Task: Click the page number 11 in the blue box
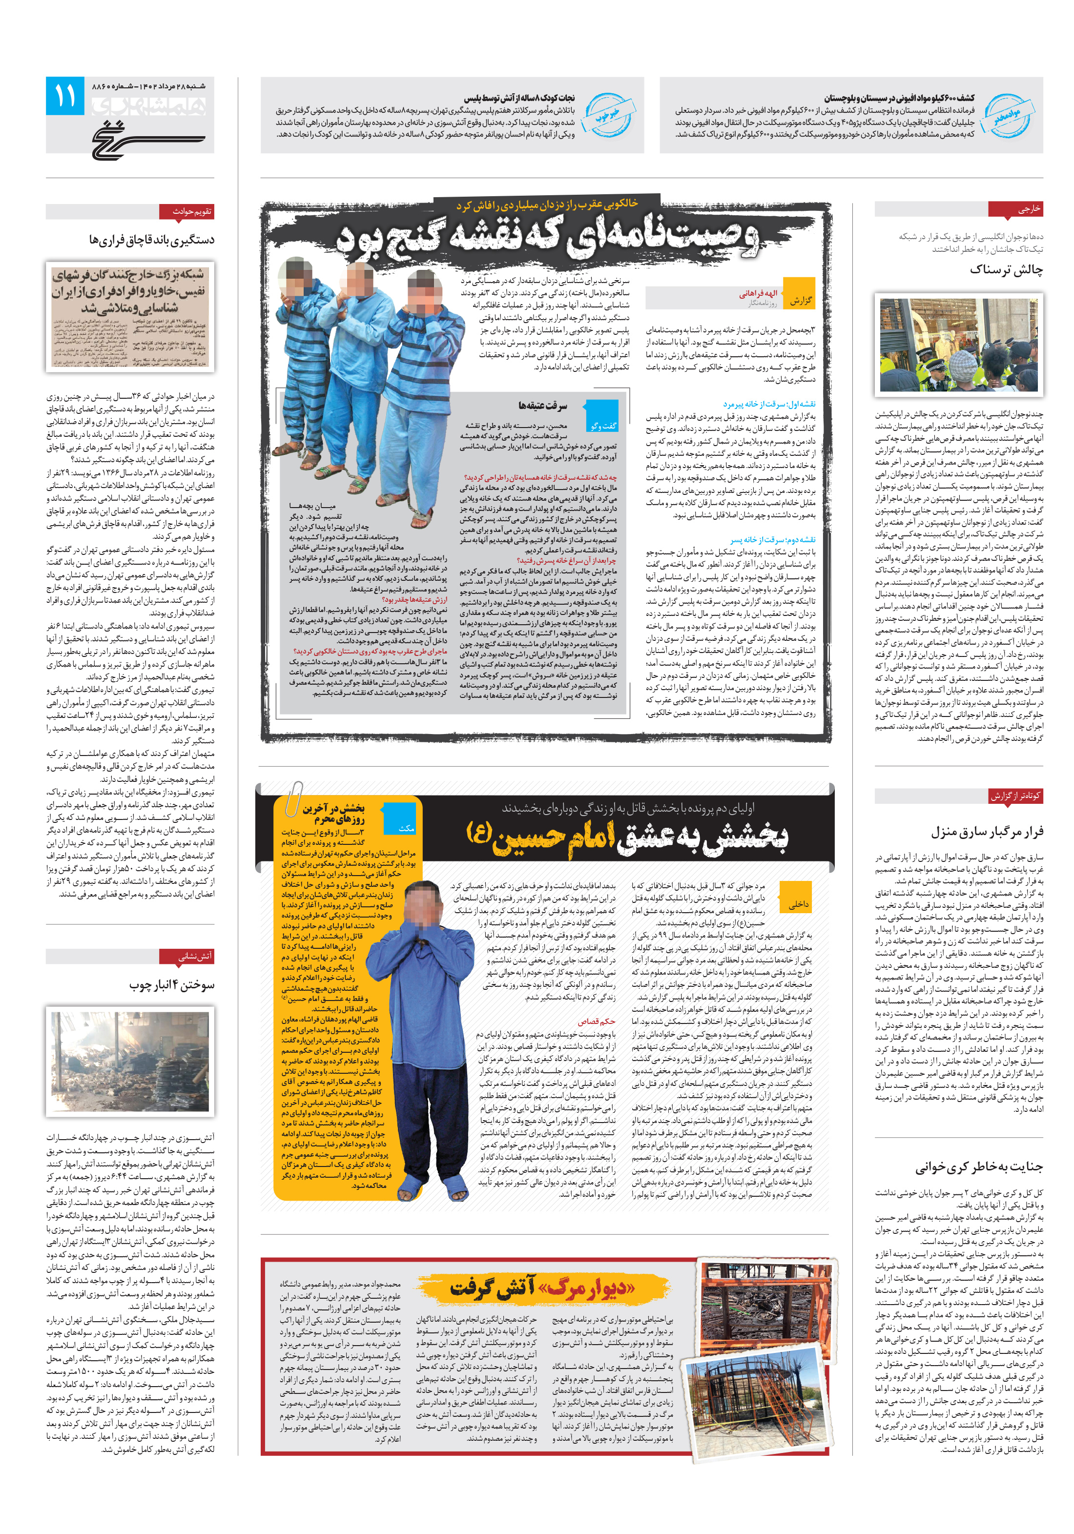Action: coord(65,96)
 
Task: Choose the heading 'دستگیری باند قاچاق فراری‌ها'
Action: coord(152,239)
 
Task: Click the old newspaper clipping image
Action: coord(130,316)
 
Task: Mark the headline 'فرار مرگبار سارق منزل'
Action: coord(987,832)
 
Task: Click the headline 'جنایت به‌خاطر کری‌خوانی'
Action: coord(978,1167)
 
